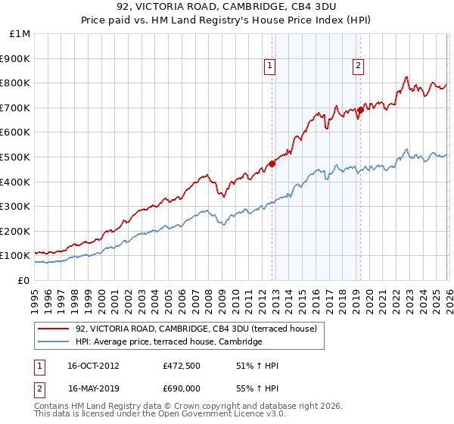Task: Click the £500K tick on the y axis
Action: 15,157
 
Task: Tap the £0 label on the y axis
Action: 23,280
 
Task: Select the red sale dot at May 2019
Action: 360,110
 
